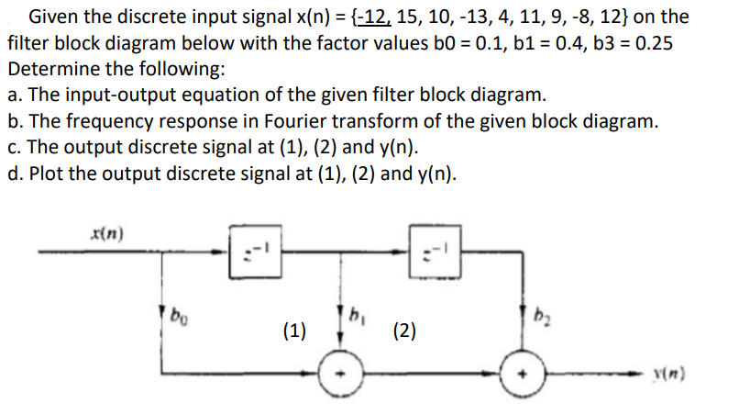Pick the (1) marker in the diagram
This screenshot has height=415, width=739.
(296, 331)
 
